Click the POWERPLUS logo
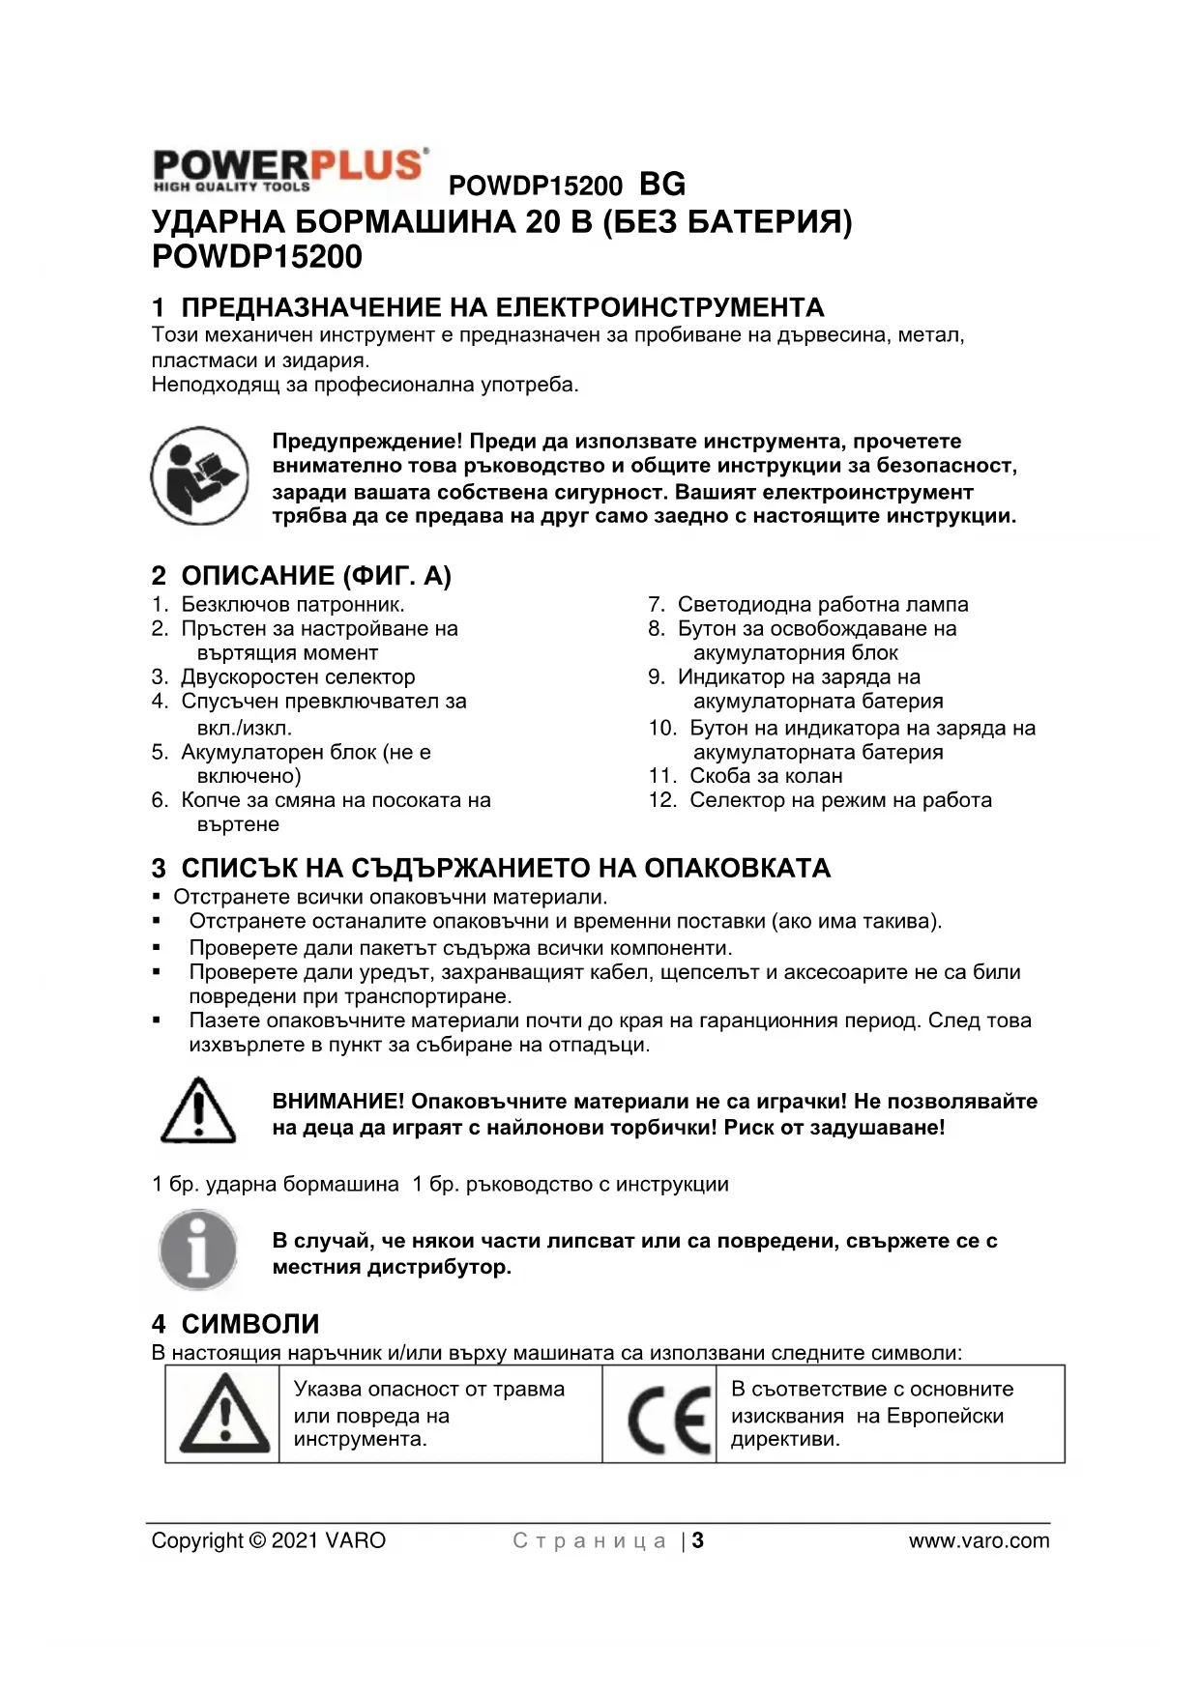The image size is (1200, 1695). tap(289, 169)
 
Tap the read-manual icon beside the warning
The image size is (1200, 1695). tap(199, 475)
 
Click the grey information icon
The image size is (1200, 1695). tap(198, 1250)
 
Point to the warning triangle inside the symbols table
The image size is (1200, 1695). tap(224, 1415)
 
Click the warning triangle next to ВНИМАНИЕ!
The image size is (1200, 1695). tap(198, 1110)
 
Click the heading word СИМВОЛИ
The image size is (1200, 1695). tap(250, 1324)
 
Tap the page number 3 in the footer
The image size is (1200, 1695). tap(698, 1540)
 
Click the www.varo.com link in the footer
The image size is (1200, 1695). tap(979, 1540)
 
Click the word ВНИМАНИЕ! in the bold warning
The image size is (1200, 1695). tap(338, 1102)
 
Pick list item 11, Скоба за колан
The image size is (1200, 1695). tap(766, 776)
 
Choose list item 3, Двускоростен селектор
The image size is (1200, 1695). tap(298, 676)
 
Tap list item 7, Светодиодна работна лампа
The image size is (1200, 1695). tap(822, 604)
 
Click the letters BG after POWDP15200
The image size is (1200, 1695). tap(662, 184)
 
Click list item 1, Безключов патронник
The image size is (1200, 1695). tap(293, 604)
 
